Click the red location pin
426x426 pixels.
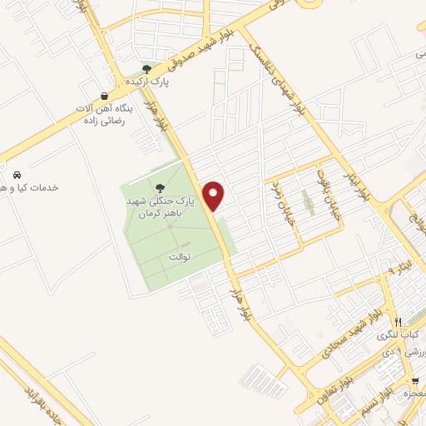[x=215, y=195]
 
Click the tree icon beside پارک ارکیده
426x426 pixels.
[x=146, y=69]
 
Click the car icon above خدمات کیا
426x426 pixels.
[x=17, y=175]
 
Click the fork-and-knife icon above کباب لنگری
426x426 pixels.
[x=399, y=322]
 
